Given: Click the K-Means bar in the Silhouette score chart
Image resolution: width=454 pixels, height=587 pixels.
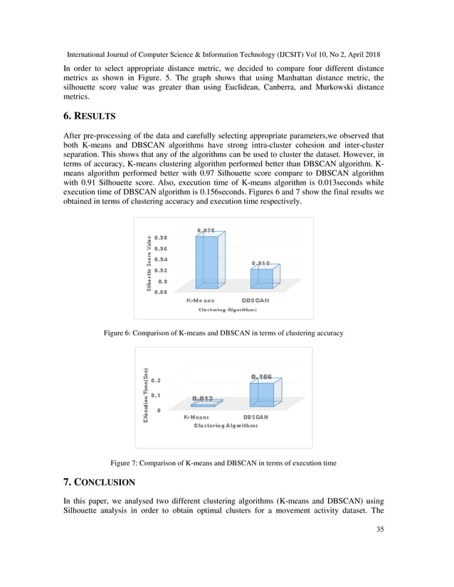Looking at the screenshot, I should (x=208, y=262).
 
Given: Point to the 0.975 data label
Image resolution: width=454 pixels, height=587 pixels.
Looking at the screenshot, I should (x=206, y=231).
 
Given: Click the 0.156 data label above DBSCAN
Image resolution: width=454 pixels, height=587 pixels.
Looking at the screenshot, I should (x=261, y=376).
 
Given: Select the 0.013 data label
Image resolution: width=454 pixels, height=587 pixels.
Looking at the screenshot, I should (x=202, y=398).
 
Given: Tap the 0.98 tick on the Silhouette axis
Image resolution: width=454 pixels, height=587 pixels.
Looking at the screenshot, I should (x=161, y=237).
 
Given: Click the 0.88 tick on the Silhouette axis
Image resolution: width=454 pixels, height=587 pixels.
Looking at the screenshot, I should (x=161, y=291).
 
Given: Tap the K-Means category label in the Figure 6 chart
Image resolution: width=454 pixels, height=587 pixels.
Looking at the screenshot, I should (x=201, y=301).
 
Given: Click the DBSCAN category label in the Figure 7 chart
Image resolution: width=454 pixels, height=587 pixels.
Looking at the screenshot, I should (x=255, y=417).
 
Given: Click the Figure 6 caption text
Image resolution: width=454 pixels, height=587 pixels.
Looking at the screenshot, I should (x=223, y=333).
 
